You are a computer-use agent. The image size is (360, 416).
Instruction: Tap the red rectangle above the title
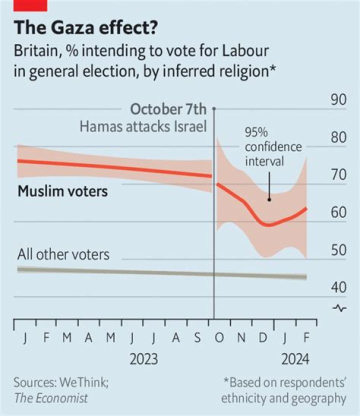click(30, 5)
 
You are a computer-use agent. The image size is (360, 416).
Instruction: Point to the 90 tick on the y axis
click(338, 100)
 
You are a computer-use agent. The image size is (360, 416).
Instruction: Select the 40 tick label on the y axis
click(338, 287)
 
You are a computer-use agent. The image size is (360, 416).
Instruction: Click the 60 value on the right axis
click(338, 212)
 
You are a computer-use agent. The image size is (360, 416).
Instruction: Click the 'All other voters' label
click(63, 254)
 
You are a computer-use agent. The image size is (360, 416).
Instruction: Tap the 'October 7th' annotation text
click(167, 109)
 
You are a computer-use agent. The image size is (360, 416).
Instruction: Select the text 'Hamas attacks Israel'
click(143, 126)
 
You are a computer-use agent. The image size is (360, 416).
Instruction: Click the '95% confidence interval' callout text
click(273, 147)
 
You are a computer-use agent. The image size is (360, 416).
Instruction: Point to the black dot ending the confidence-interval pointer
click(269, 199)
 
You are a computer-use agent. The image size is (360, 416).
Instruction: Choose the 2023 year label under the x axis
click(143, 359)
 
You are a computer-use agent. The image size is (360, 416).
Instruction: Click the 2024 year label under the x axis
click(294, 359)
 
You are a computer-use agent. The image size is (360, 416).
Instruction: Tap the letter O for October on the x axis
click(219, 338)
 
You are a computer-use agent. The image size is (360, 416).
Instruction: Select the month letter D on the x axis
click(262, 338)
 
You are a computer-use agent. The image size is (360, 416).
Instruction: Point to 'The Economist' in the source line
click(50, 398)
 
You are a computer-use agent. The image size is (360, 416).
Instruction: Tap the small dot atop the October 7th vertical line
click(214, 108)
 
